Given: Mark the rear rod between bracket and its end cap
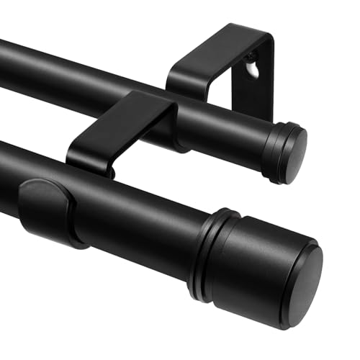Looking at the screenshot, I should [x=230, y=130].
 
